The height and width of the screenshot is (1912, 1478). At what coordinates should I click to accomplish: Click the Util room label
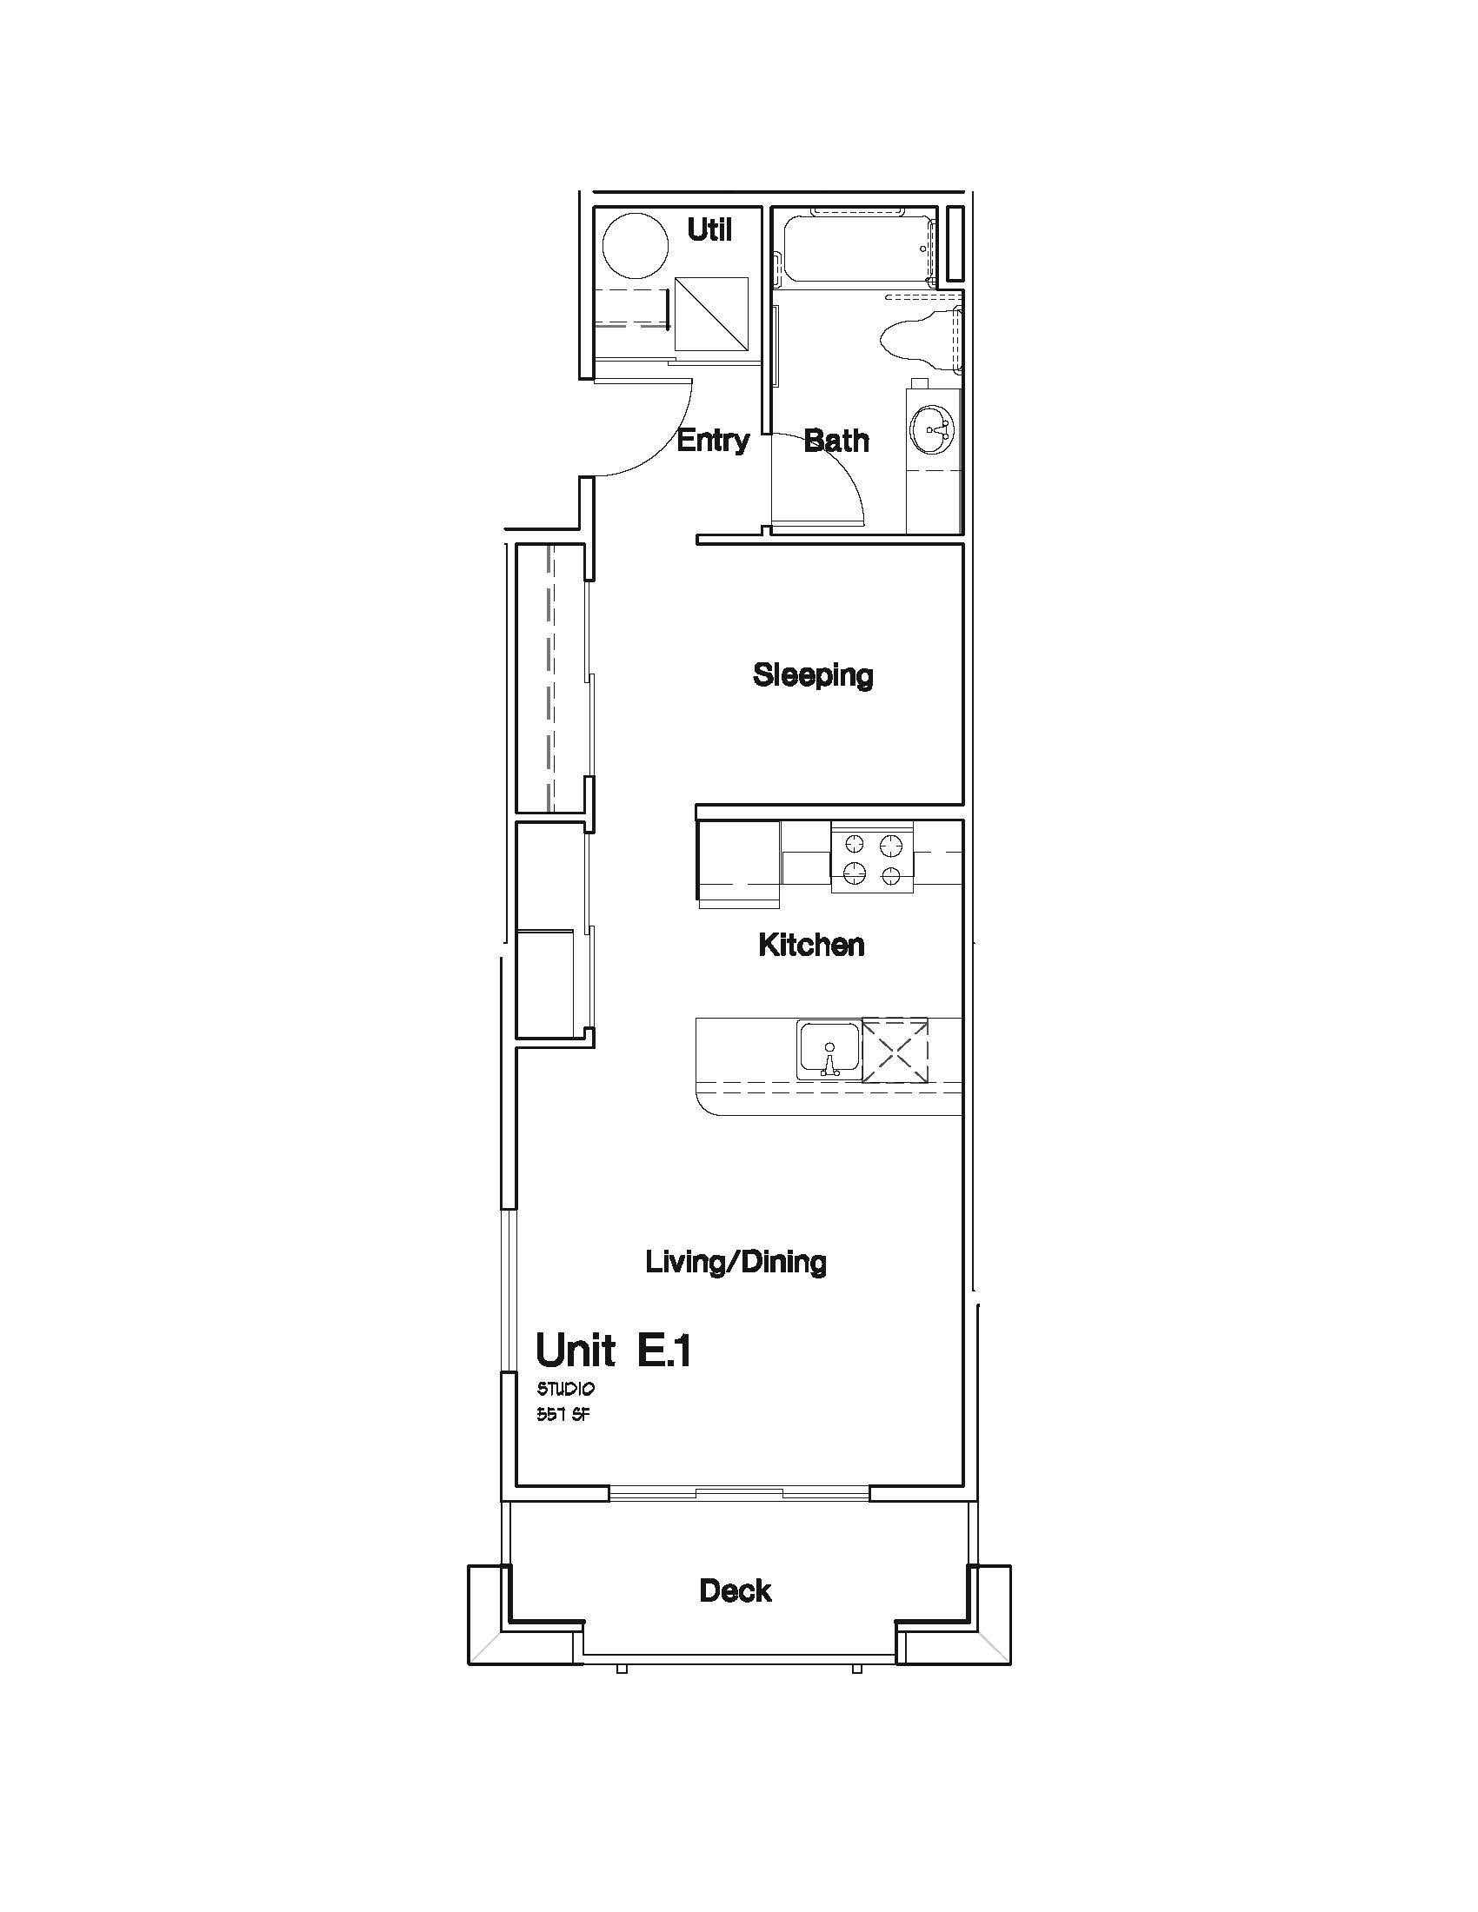pos(709,230)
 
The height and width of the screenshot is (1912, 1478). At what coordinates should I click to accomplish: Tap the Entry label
pos(714,440)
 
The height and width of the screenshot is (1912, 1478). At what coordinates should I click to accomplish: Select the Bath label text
pos(836,440)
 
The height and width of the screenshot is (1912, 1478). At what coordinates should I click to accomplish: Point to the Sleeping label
pos(814,675)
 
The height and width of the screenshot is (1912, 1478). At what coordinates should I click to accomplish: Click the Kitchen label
pos(812,945)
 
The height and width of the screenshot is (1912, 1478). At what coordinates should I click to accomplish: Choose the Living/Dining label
pos(736,1262)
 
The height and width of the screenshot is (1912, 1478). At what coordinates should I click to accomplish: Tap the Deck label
pos(736,1590)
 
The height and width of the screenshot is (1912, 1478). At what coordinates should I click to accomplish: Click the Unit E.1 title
pos(614,1351)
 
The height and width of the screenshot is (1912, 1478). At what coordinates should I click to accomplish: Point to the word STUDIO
pos(566,1389)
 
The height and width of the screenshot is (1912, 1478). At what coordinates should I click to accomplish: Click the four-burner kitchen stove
pos(872,858)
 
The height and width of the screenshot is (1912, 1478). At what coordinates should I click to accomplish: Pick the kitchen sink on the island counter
pos(829,1050)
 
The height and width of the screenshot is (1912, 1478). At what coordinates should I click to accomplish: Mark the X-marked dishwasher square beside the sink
pos(895,1050)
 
